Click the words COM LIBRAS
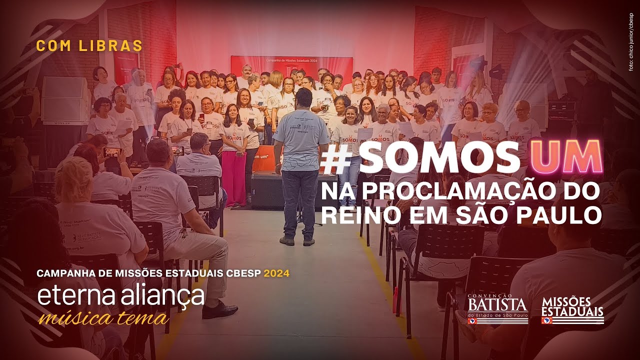pos(89,45)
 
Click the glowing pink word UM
pos(565,157)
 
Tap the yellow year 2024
pos(276,273)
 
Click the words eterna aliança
pos(121,296)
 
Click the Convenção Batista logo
pos(497,309)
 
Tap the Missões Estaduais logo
pos(572,310)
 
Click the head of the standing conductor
pos(303,97)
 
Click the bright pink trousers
pos(234,177)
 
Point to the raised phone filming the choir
pos(111,152)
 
